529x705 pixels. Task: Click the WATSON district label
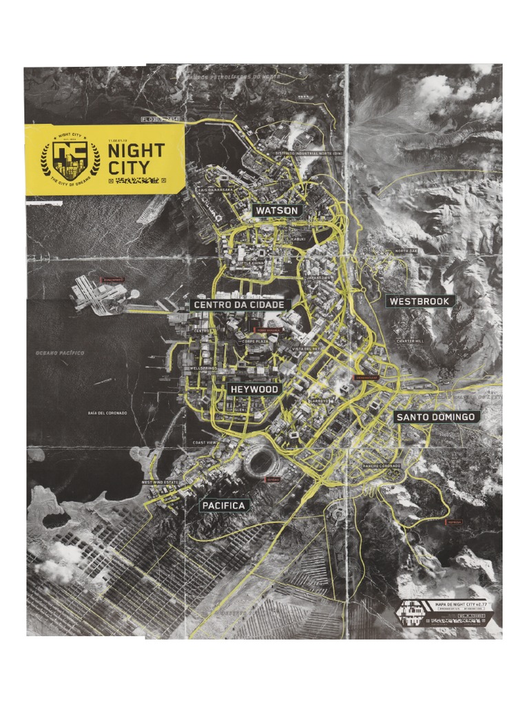[x=277, y=210]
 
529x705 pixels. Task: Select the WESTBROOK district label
[x=419, y=301]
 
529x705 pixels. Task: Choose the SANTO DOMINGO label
[x=437, y=417]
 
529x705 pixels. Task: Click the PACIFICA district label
[x=223, y=506]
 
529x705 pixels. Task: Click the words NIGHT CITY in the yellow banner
[x=136, y=158]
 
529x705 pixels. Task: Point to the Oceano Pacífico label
[x=60, y=352]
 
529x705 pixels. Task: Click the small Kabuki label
[x=298, y=239]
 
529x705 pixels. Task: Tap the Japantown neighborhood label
[x=318, y=278]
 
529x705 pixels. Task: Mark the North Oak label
[x=406, y=251]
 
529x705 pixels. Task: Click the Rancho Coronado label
[x=382, y=466]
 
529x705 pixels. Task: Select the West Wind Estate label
[x=160, y=483]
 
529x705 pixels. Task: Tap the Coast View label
[x=205, y=442]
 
